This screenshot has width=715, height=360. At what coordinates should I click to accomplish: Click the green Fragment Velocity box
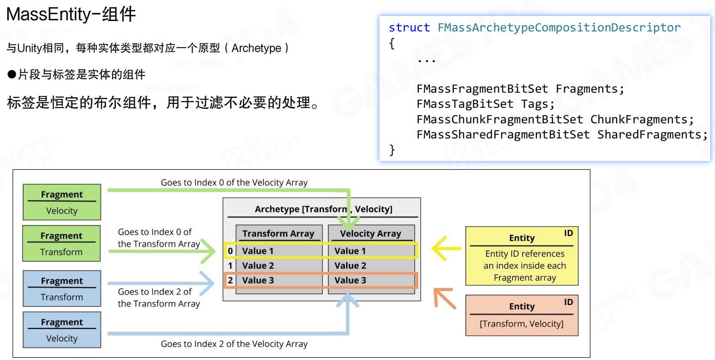62,202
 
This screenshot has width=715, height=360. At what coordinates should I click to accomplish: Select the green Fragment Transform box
61,243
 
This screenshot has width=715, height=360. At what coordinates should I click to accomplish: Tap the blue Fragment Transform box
62,288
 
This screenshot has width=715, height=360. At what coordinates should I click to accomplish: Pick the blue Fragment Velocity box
62,330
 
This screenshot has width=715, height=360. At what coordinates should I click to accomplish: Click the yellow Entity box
522,256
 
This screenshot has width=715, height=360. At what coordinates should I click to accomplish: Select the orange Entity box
522,315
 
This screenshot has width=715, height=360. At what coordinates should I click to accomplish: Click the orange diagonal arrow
445,298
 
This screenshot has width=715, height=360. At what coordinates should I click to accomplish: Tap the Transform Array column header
278,234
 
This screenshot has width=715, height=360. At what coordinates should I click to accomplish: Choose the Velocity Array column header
371,234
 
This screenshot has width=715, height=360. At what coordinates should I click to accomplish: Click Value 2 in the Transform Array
258,266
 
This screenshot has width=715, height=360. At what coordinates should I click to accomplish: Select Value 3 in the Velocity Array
350,280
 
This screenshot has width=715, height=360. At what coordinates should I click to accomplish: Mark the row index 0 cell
230,251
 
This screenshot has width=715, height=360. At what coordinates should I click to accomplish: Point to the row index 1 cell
230,266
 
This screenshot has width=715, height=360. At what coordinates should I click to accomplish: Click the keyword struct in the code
409,27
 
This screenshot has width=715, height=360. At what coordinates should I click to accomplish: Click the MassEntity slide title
71,14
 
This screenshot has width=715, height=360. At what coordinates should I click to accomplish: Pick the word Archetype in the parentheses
256,48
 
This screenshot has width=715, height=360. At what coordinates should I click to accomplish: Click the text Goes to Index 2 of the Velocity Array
234,344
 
